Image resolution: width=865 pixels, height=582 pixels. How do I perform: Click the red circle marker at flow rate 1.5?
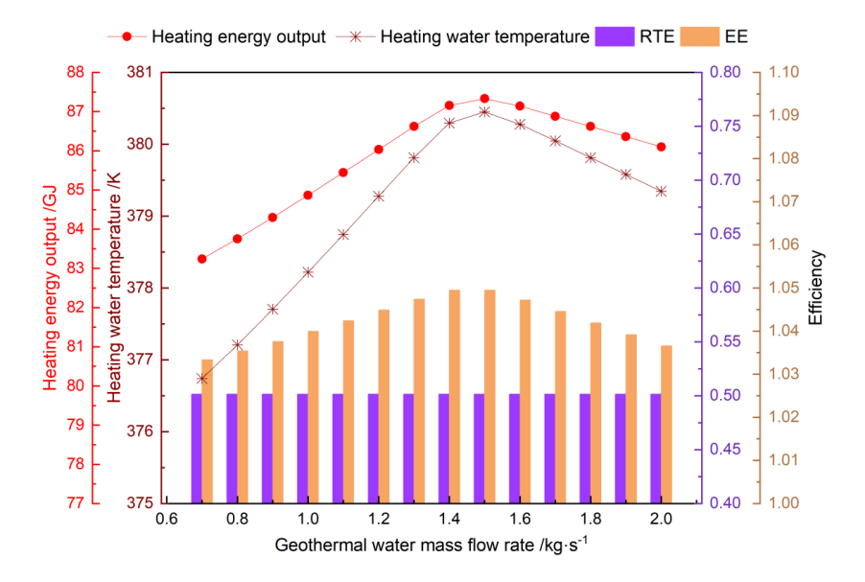484,99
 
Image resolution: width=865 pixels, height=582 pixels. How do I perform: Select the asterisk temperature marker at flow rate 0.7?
201,378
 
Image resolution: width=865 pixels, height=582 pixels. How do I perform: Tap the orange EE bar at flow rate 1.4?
455,395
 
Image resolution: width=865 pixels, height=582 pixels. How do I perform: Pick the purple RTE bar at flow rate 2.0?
656,448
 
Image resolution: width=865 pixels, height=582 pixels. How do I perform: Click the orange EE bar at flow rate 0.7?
207,431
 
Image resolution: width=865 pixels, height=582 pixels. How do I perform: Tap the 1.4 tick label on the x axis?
449,519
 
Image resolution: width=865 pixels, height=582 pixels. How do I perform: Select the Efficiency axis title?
816,287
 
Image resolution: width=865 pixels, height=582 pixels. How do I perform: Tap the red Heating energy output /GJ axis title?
51,287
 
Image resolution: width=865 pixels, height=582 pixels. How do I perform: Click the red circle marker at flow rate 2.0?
661,147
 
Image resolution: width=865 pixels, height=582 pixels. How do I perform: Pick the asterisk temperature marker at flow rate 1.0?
308,272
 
